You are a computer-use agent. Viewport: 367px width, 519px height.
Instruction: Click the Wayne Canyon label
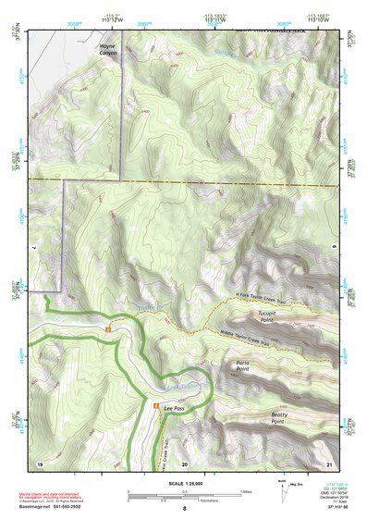(108, 49)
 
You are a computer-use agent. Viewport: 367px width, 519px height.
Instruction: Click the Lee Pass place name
(175, 407)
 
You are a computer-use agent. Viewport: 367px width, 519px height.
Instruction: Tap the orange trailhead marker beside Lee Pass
(154, 406)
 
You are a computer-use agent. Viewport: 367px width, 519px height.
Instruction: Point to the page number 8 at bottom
(184, 509)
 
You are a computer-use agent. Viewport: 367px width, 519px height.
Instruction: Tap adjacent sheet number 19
(40, 463)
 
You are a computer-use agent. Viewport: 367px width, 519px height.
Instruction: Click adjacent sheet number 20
(184, 463)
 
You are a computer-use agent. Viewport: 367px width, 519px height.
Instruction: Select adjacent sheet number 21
(328, 463)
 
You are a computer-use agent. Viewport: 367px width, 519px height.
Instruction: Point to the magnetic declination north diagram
(281, 491)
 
